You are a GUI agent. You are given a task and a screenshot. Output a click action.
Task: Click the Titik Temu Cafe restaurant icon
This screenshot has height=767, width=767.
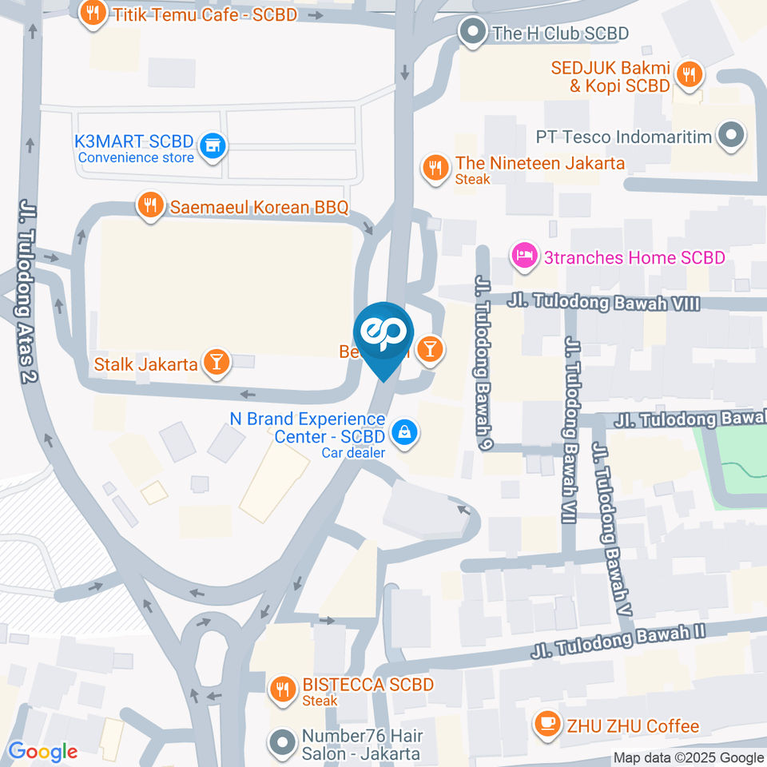pyautogui.click(x=93, y=14)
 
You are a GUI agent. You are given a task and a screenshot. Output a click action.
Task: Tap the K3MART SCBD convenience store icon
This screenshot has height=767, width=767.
pyautogui.click(x=212, y=145)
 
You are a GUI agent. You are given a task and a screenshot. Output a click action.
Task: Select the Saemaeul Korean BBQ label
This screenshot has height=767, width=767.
pyautogui.click(x=259, y=208)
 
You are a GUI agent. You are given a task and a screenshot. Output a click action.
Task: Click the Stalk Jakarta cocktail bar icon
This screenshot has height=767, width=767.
pyautogui.click(x=216, y=363)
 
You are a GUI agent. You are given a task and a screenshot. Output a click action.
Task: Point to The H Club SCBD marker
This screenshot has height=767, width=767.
pyautogui.click(x=473, y=33)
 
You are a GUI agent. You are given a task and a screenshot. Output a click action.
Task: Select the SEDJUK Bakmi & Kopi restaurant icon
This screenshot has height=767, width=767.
pyautogui.click(x=688, y=75)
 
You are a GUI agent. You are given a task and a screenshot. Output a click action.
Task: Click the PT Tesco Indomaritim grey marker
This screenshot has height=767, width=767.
pyautogui.click(x=730, y=137)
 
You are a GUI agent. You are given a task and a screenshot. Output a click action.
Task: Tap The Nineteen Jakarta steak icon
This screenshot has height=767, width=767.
pyautogui.click(x=435, y=168)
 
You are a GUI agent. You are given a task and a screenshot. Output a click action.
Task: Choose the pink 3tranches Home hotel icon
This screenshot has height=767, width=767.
pyautogui.click(x=523, y=256)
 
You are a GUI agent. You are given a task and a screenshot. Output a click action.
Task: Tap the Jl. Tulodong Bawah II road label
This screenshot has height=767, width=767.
pyautogui.click(x=618, y=643)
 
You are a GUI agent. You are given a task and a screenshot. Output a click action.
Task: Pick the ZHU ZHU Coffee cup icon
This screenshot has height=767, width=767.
pyautogui.click(x=546, y=725)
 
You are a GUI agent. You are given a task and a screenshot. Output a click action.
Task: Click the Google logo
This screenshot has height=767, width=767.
pyautogui.click(x=42, y=751)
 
